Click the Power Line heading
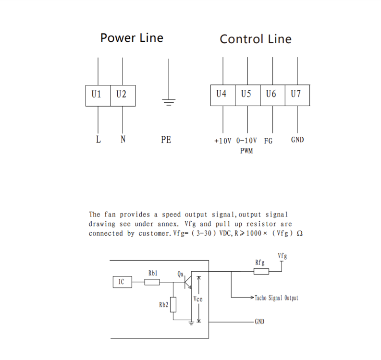coord(131,38)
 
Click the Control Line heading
coord(255,39)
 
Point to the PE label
coord(166,141)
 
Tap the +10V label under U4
coord(222,141)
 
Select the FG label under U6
coord(268,141)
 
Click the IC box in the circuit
coord(122,282)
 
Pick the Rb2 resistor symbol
coord(173,304)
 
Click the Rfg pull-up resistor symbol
coord(262,271)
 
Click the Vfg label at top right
coord(283,256)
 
